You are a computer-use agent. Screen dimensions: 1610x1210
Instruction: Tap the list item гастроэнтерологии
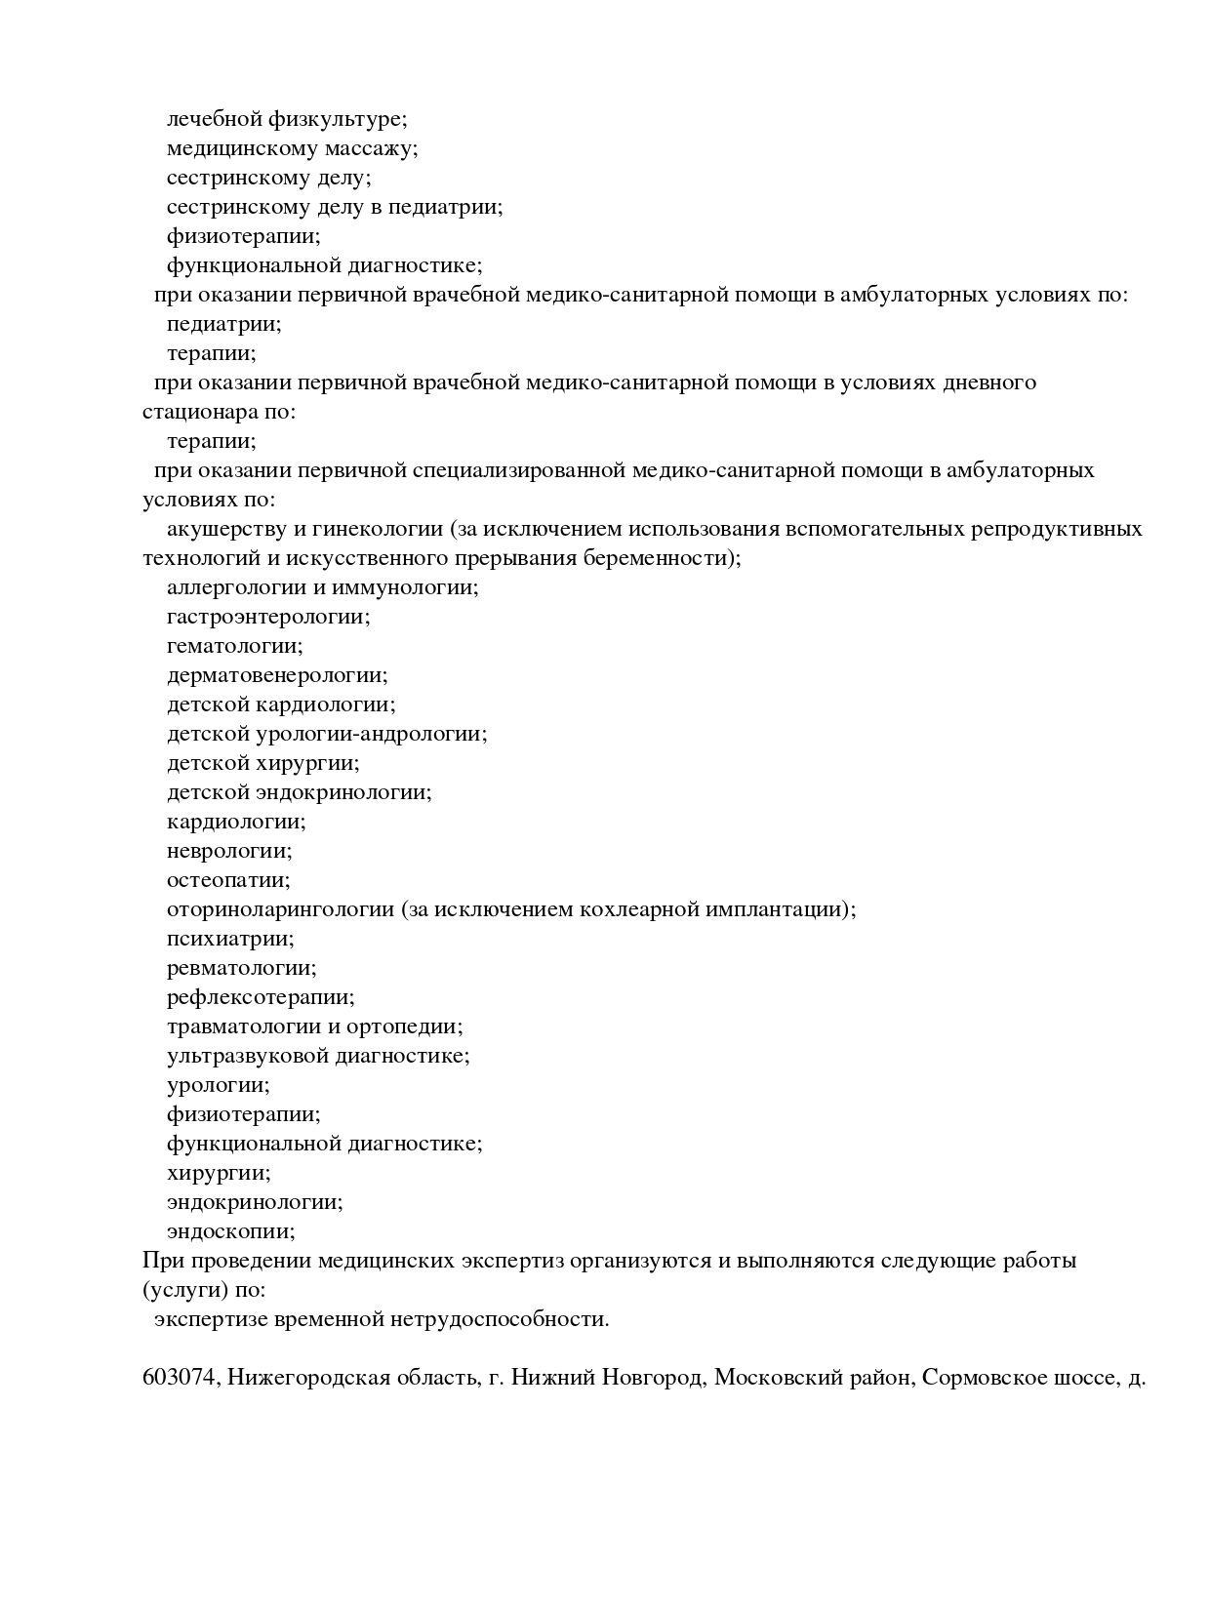pyautogui.click(x=268, y=617)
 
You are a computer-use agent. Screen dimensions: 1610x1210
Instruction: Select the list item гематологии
pyautogui.click(x=235, y=646)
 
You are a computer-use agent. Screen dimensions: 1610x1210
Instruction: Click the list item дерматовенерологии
pyautogui.click(x=277, y=675)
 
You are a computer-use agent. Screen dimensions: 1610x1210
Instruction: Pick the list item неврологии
pyautogui.click(x=229, y=851)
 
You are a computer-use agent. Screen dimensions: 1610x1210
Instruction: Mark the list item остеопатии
pyautogui.click(x=229, y=880)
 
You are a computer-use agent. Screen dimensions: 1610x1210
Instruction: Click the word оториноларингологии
pyautogui.click(x=280, y=909)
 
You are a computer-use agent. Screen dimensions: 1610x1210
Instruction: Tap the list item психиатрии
pyautogui.click(x=230, y=939)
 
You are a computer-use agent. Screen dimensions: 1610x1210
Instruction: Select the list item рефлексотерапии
pyautogui.click(x=261, y=997)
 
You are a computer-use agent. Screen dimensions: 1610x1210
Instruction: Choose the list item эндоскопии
pyautogui.click(x=231, y=1231)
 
